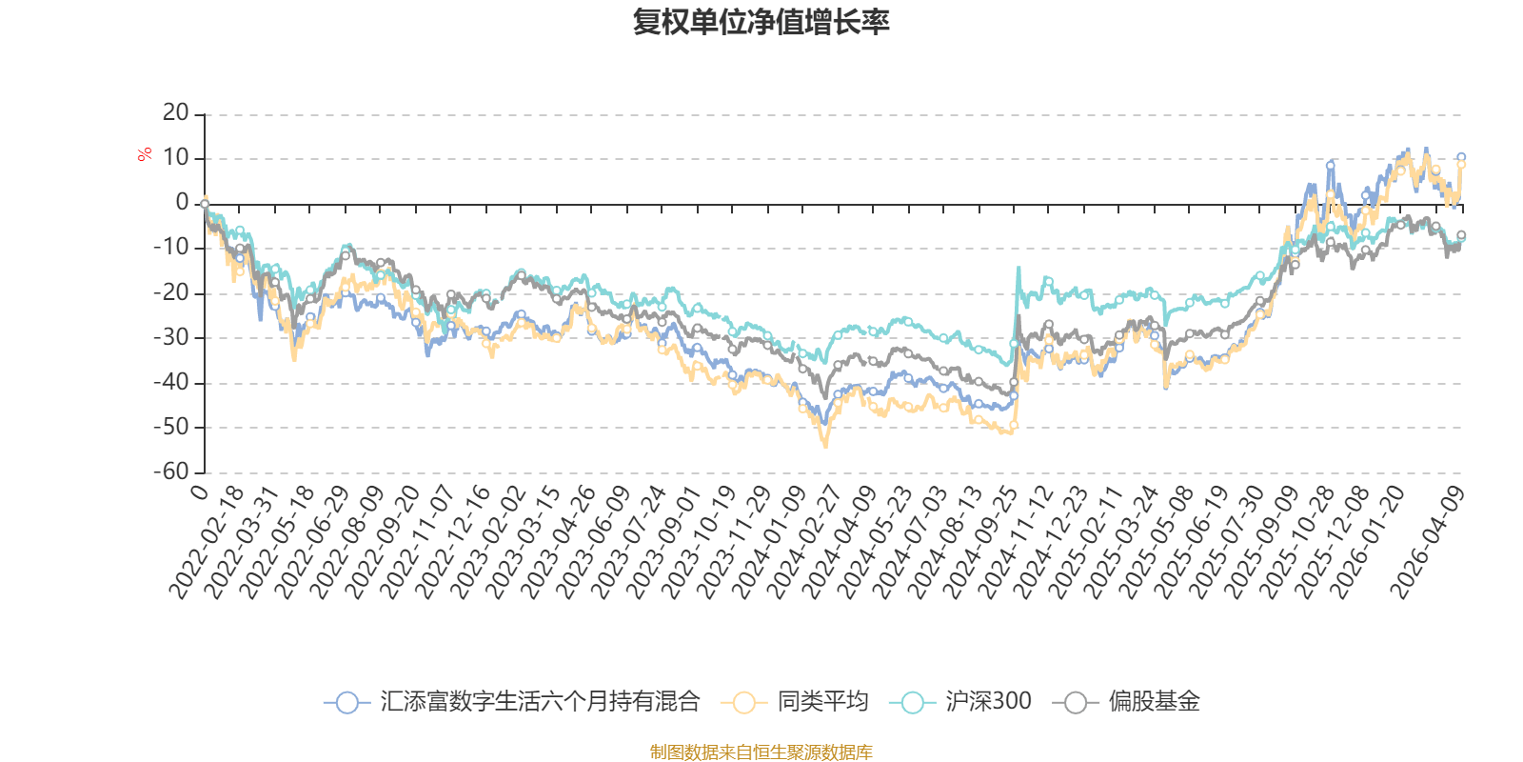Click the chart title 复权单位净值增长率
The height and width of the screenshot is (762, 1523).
[x=761, y=22]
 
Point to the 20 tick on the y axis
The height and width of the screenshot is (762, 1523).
[x=175, y=113]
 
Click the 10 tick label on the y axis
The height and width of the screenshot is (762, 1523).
[x=175, y=158]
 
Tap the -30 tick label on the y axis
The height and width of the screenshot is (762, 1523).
[x=171, y=337]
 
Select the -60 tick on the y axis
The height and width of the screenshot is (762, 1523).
[x=171, y=471]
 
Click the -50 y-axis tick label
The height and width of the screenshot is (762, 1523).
[x=171, y=427]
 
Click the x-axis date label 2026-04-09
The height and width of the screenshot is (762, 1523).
[x=1428, y=543]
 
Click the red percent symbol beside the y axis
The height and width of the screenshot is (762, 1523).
[x=145, y=155]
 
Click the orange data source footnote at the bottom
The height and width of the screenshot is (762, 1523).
[x=761, y=752]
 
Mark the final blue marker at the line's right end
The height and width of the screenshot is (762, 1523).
[x=1461, y=157]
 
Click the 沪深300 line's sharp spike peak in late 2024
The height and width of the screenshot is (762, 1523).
[x=1019, y=268]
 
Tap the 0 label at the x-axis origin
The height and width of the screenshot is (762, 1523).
[x=199, y=491]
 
